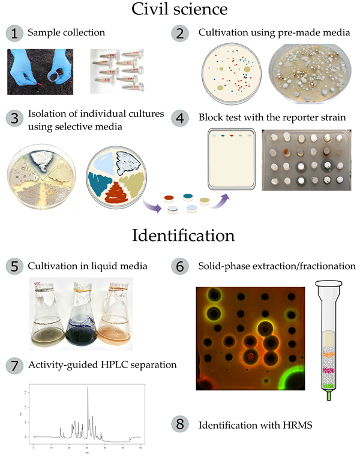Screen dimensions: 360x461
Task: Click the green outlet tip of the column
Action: coord(329,396)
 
